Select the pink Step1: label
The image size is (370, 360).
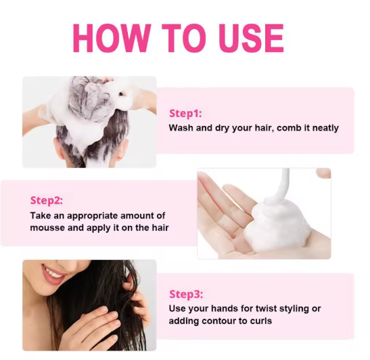click(185, 113)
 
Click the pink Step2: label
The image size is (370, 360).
click(47, 200)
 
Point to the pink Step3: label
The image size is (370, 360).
click(185, 294)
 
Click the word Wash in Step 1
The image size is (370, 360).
click(181, 127)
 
